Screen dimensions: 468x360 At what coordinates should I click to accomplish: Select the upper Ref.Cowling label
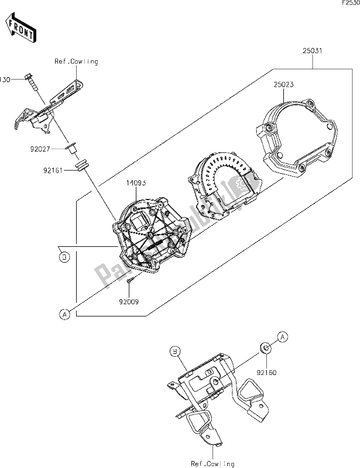click(76, 61)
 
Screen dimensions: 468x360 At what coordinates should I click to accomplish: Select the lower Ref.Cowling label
click(213, 463)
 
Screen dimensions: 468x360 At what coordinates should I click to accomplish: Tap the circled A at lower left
click(64, 314)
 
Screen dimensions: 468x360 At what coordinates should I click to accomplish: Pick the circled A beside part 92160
click(283, 336)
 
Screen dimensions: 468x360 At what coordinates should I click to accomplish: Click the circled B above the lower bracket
click(174, 351)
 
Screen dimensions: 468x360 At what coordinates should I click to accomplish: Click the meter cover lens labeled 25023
click(296, 140)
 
